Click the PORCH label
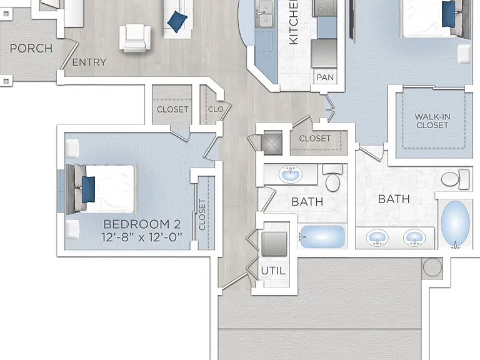(x=31, y=48)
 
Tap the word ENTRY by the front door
(x=89, y=62)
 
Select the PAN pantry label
(x=325, y=77)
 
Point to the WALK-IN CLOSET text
(x=432, y=121)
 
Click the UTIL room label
(x=273, y=271)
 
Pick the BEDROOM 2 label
(x=142, y=224)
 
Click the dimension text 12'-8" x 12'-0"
(x=142, y=237)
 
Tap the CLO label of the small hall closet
(x=216, y=109)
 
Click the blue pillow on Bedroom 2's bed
(x=89, y=189)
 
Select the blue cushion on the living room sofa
(x=177, y=21)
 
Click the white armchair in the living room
(x=135, y=37)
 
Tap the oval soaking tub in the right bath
(x=455, y=224)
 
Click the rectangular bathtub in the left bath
(x=322, y=237)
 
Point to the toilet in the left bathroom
(x=332, y=179)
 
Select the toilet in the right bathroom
(x=455, y=179)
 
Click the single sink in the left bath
(x=290, y=174)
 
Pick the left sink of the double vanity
(x=377, y=237)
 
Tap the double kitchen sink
(x=264, y=14)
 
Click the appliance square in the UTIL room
(x=274, y=244)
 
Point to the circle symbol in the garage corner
(x=432, y=267)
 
